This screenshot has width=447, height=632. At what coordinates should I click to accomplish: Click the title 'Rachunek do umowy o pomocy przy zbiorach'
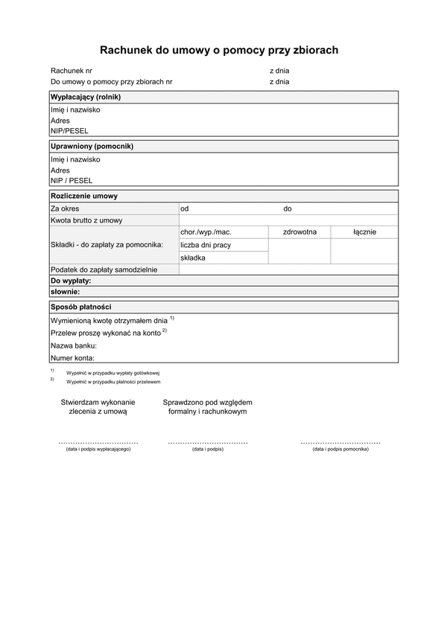[x=219, y=50]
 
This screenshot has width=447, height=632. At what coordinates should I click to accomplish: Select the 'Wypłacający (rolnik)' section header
[x=85, y=97]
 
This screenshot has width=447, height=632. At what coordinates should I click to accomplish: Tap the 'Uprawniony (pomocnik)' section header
[x=86, y=147]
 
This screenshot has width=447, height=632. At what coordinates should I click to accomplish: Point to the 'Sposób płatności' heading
[x=81, y=306]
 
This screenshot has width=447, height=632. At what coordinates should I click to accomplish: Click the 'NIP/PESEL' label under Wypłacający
[x=69, y=130]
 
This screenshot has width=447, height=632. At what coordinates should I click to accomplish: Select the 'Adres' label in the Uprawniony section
[x=60, y=170]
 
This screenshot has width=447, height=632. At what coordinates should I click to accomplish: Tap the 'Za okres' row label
[x=65, y=208]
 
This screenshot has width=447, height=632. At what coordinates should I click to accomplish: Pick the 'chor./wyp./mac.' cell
[x=206, y=232]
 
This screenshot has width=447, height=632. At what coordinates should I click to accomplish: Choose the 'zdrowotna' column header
[x=299, y=232]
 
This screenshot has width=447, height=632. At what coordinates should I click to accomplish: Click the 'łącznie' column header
[x=364, y=232]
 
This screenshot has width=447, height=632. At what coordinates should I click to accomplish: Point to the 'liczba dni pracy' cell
[x=206, y=245]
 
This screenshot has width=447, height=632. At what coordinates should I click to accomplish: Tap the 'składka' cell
[x=193, y=258]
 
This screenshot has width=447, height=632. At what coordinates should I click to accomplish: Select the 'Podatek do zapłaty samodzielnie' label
[x=104, y=269]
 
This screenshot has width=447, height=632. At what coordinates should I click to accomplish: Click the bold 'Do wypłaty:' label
[x=71, y=281]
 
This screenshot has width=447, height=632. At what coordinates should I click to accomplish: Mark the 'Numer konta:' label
[x=72, y=357]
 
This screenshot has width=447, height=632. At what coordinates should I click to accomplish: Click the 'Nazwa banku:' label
[x=74, y=345]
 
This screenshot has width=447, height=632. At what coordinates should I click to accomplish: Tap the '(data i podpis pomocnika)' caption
[x=340, y=450]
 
